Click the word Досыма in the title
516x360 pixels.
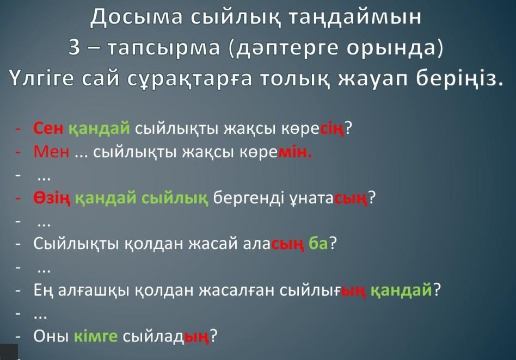click(136, 17)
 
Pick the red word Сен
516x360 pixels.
click(48, 128)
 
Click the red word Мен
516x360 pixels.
click(52, 152)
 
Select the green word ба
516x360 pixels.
click(318, 243)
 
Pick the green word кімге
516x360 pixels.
click(96, 336)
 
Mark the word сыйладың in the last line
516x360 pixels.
click(166, 337)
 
